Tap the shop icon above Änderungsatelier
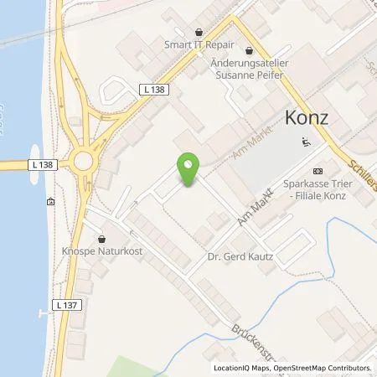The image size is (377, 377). (x=249, y=51)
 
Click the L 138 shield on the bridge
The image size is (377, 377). (x=44, y=165)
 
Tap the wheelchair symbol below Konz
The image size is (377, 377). (x=304, y=142)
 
